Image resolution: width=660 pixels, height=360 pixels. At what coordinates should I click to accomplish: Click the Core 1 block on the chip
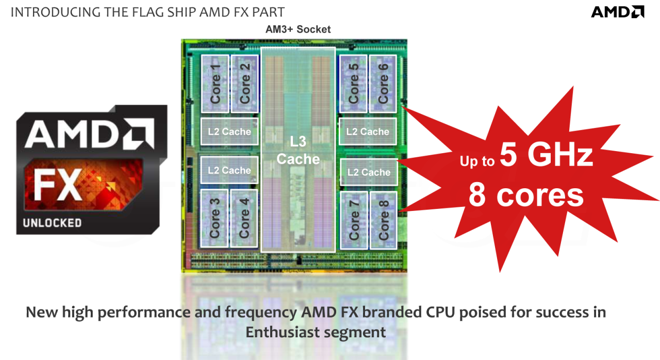pos(215,84)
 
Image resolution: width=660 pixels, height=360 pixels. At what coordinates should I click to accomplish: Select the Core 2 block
pos(245,84)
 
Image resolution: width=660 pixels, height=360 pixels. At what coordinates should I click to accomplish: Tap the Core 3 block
pos(214,218)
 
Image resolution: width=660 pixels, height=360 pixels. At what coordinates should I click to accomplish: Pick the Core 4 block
pos(244,218)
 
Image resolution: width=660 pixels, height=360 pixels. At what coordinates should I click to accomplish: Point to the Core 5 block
pos(353,84)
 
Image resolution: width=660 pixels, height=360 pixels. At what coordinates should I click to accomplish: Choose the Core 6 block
pos(383,84)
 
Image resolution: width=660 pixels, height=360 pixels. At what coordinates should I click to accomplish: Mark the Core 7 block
pos(354,220)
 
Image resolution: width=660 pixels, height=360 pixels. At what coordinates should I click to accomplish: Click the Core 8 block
pos(384,220)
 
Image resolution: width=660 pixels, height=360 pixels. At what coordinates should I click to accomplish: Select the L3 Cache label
pos(298,150)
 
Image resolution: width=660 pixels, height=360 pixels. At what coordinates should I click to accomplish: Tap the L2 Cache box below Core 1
pos(229,132)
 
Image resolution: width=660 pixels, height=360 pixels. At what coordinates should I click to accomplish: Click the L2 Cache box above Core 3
pos(229,170)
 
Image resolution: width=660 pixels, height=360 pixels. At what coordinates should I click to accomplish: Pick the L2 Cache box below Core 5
pos(368,132)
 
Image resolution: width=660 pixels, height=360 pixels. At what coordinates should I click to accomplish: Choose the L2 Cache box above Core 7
pos(369,172)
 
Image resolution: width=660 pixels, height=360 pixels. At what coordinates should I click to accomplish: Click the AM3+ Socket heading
pos(298,29)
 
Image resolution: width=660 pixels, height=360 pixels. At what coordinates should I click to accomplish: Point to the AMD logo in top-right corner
pos(618,12)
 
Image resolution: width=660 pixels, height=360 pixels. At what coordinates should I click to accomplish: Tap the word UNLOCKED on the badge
pos(52,223)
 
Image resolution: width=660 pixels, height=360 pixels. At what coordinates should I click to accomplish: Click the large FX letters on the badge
pos(57,185)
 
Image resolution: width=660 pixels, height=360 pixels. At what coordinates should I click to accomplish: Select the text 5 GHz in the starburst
pos(546,155)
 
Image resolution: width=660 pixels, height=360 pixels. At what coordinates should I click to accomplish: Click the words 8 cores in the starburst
pos(526,195)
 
